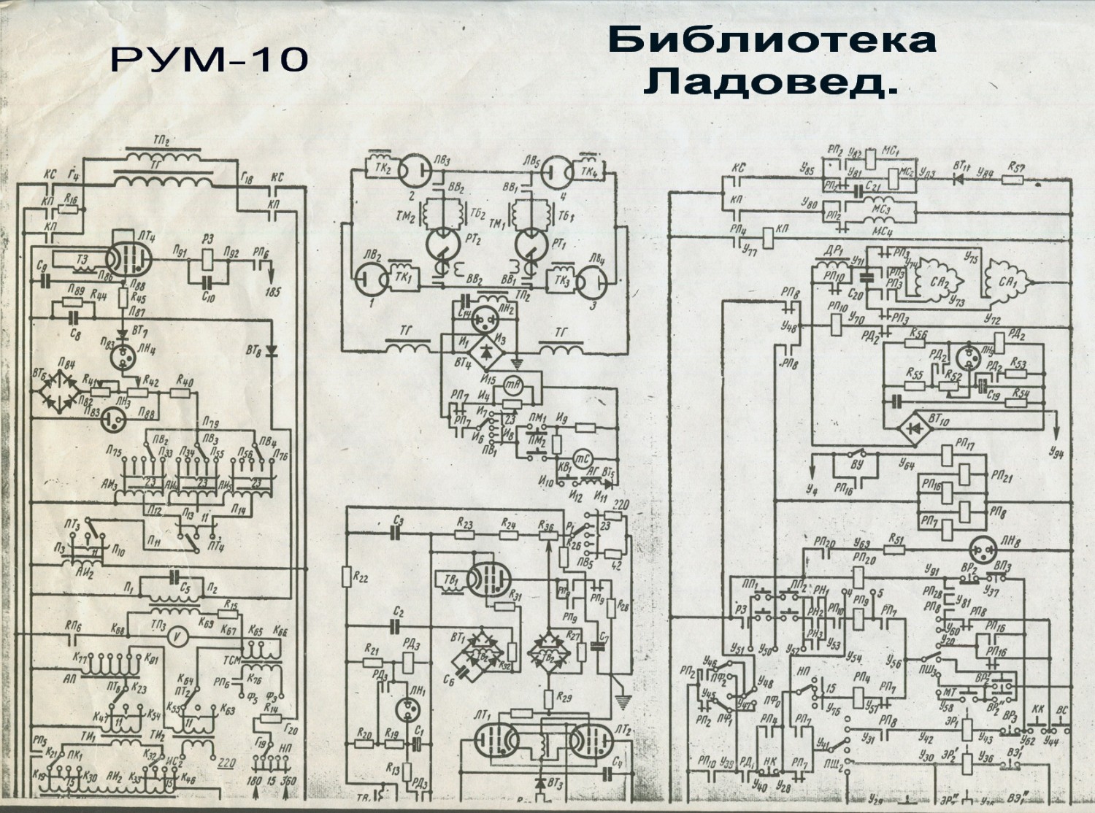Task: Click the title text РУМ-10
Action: [210, 60]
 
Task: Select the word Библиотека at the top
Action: [772, 40]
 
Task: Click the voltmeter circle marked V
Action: [174, 636]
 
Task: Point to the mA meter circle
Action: [512, 386]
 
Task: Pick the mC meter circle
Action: [582, 457]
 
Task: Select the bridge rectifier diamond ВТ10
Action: [913, 428]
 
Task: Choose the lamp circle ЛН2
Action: [485, 317]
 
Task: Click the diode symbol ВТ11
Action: [961, 180]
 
